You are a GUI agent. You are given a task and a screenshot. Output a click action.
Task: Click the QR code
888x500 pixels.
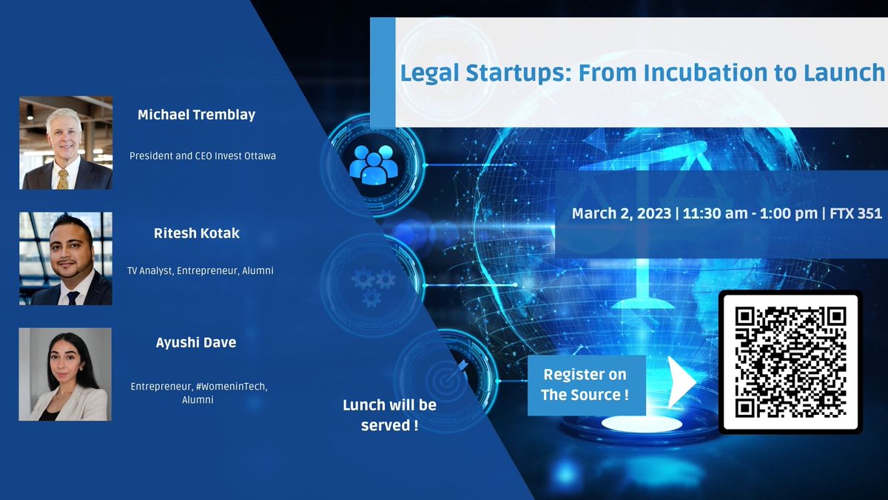coord(790,360)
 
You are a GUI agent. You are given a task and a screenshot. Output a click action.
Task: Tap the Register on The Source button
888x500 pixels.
coord(585,384)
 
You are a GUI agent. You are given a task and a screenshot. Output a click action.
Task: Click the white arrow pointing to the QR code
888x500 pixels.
coord(680,381)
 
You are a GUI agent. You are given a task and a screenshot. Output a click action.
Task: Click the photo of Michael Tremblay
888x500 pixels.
coord(66,142)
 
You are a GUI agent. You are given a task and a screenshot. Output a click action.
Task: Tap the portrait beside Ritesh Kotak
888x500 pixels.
coord(66,259)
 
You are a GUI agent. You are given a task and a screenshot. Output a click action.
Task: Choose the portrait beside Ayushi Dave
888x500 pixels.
coord(65,374)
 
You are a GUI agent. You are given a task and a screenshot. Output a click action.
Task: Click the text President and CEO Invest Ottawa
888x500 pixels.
coord(202,156)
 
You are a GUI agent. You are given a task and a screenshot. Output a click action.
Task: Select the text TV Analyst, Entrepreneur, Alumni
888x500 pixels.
coord(200,271)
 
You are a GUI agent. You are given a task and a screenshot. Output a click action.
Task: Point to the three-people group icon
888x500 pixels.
coord(374,164)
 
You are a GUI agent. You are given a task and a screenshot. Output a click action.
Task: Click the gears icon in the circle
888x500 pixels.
coord(374,286)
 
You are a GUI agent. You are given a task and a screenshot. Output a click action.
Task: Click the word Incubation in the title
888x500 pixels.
coord(678,73)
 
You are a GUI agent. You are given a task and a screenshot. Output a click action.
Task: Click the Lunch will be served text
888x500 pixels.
coord(388,415)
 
